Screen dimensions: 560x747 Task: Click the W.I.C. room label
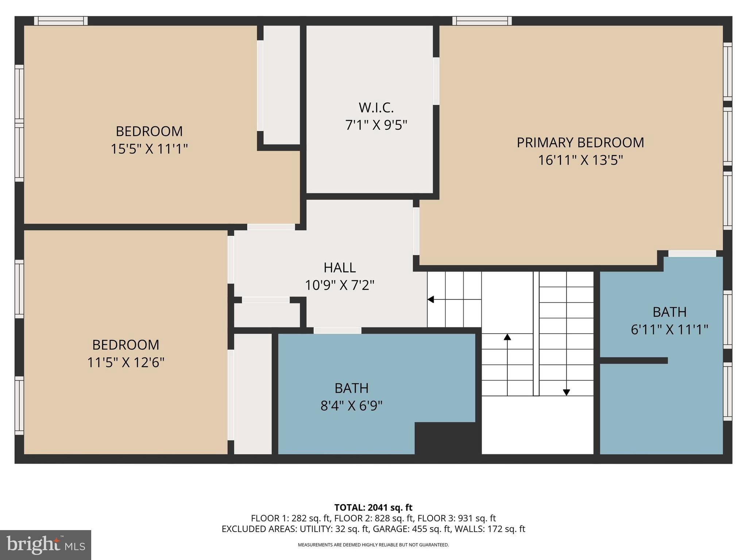376,108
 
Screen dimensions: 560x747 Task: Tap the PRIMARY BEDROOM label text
580,143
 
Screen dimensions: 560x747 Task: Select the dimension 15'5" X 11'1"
149,149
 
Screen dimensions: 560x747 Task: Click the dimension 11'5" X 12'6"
125,363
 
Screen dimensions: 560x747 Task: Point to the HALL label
340,268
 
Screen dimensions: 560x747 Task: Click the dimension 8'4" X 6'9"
351,405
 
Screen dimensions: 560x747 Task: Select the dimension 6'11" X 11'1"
669,330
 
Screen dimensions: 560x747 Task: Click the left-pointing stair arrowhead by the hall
431,300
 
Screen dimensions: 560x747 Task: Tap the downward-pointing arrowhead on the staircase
566,392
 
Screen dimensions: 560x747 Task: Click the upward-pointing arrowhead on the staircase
507,337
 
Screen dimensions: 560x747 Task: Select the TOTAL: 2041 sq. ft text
373,507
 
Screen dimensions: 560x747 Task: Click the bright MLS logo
45,545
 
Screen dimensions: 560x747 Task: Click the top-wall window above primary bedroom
482,21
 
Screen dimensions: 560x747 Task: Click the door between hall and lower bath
337,330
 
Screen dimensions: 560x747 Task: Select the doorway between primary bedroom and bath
692,253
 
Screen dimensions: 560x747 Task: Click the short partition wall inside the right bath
634,361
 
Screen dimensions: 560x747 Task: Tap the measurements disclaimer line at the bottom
373,545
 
